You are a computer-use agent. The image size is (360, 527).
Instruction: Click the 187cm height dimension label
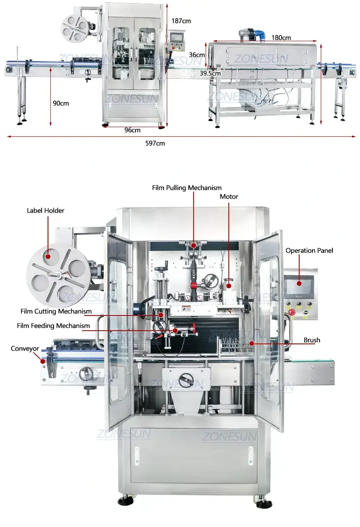[181, 21]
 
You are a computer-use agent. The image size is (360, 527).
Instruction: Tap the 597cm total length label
[155, 143]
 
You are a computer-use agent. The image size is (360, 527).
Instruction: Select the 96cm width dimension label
[132, 130]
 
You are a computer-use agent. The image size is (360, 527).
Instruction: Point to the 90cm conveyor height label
[61, 103]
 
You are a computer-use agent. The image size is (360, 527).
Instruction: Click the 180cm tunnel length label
[281, 38]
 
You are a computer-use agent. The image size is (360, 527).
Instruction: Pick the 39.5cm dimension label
[210, 73]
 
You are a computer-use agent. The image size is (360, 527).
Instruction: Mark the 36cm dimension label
[197, 55]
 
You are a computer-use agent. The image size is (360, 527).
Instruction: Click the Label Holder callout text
[46, 210]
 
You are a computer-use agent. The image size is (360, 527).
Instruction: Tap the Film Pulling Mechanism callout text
[187, 188]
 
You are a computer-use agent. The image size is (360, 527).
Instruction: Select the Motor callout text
[229, 196]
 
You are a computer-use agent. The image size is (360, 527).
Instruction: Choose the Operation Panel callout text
[309, 250]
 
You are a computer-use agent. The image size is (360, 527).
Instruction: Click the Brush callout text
[312, 340]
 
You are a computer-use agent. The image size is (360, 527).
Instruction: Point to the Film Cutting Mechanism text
[56, 311]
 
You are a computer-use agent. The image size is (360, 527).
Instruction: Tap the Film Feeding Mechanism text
[53, 325]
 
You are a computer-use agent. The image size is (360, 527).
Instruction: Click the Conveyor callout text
[25, 349]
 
